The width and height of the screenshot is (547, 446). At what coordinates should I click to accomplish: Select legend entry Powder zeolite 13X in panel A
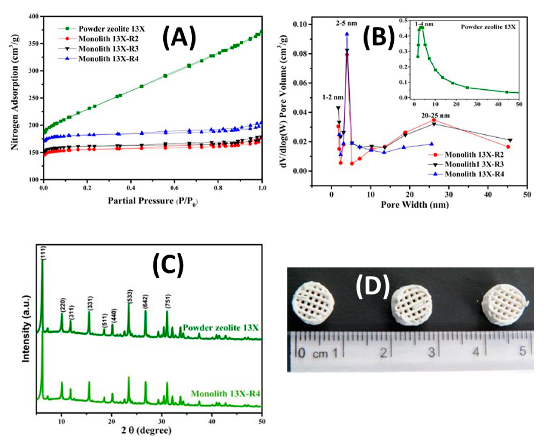pos(111,29)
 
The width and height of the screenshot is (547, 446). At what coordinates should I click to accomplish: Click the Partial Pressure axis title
pos(153,201)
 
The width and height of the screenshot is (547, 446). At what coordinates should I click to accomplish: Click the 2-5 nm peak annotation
pos(346,23)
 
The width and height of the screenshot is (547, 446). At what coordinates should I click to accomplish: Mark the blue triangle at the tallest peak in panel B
pos(347,34)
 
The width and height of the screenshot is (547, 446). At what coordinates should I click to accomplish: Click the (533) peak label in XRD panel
pos(130,297)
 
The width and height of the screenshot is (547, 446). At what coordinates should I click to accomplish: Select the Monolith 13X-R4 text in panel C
pos(225,394)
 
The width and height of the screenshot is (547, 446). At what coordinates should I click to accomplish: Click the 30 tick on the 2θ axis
pos(162,422)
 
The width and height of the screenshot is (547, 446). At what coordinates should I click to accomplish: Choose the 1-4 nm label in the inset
pos(424,24)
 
